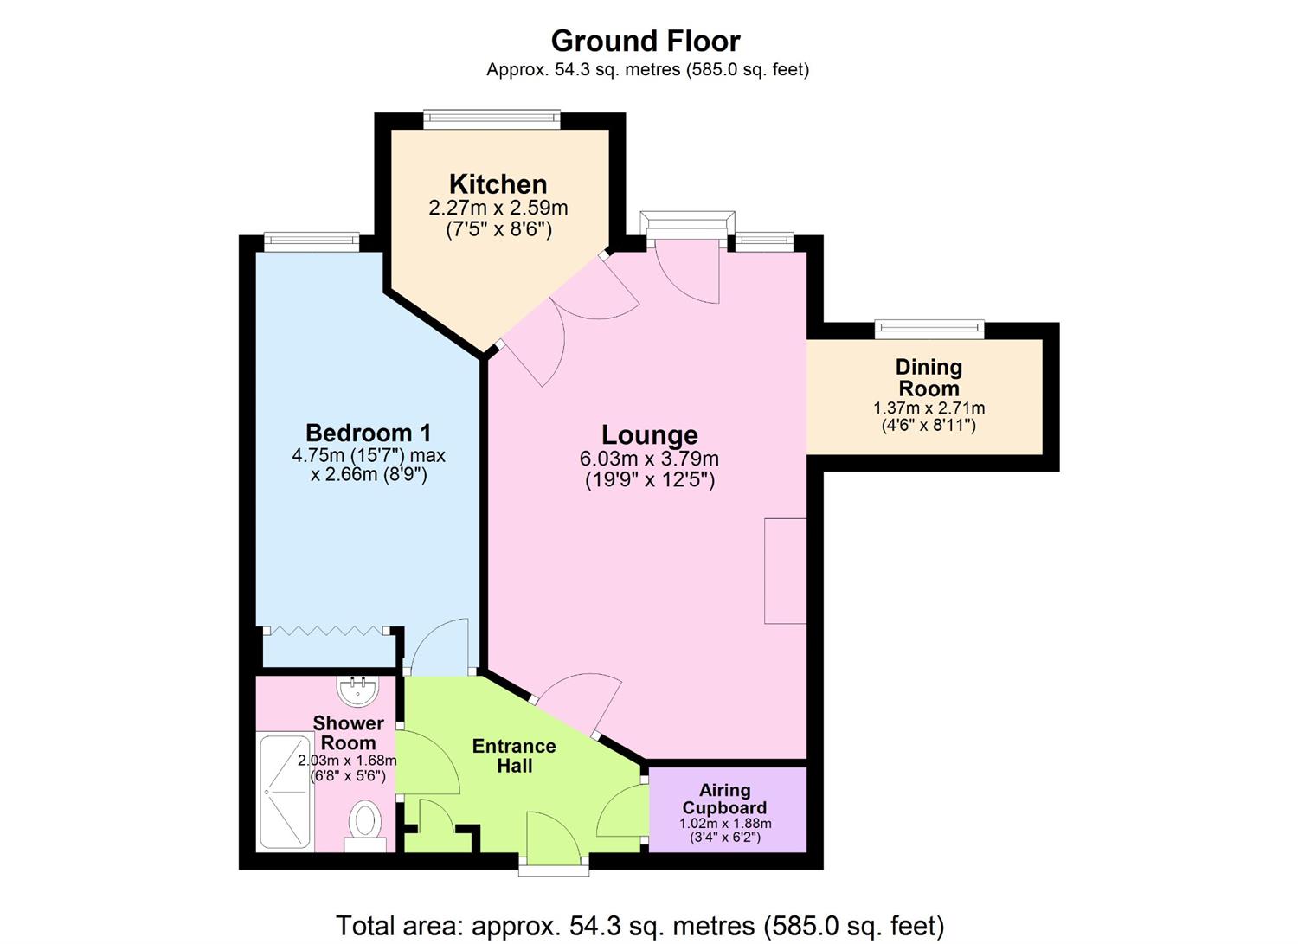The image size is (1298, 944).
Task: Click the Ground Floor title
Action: coord(646,41)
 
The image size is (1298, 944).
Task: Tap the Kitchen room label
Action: coord(498,184)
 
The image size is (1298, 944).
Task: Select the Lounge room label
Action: coord(649,434)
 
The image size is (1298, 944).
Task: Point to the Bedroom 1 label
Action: coord(368,433)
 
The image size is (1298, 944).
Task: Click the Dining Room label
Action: coord(929,377)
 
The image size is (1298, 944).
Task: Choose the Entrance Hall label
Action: coord(514,755)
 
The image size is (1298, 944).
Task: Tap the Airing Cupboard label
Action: coord(725,799)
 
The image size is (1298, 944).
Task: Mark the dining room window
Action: coord(929,328)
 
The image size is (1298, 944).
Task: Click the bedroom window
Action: coord(312,241)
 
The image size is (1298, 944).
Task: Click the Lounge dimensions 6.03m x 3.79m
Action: coord(649,459)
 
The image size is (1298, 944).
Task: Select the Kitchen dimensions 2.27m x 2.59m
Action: coord(498,209)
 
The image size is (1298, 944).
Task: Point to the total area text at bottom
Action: coord(639,925)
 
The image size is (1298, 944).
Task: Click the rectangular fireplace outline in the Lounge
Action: coord(786,570)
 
